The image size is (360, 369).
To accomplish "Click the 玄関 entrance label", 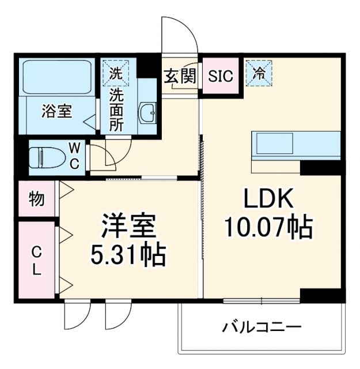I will pyautogui.click(x=180, y=76).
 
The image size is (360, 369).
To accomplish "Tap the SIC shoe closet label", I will pyautogui.click(x=219, y=76).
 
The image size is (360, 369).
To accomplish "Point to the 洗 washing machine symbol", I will pyautogui.click(x=116, y=74).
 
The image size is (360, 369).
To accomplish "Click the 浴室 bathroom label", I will pyautogui.click(x=56, y=111).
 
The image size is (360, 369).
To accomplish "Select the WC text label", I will pyautogui.click(x=75, y=155).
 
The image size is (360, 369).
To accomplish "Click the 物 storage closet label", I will pyautogui.click(x=36, y=199).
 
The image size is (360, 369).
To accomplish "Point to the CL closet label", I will pyautogui.click(x=36, y=261).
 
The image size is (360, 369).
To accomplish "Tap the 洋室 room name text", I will pyautogui.click(x=129, y=226).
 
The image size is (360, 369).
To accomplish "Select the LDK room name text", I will pyautogui.click(x=268, y=199).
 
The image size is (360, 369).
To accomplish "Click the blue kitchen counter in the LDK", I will pyautogui.click(x=295, y=144).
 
